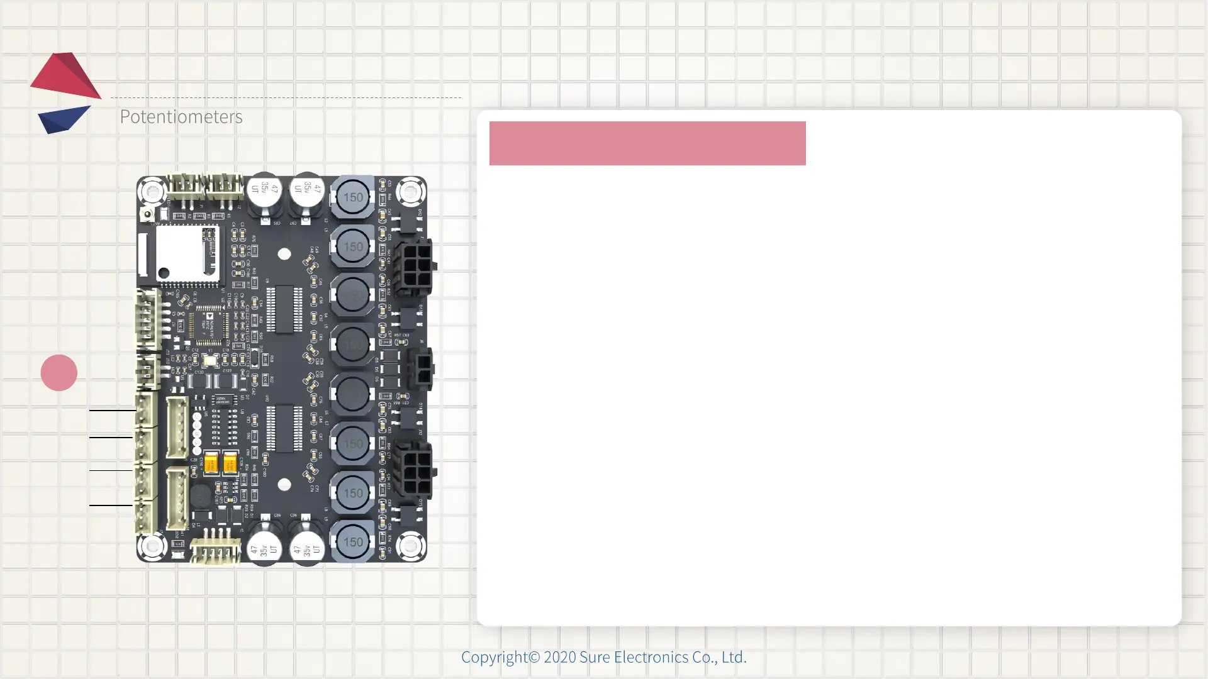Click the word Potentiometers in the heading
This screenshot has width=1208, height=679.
(181, 116)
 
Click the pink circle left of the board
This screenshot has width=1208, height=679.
(59, 373)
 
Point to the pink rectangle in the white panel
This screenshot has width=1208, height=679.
(647, 143)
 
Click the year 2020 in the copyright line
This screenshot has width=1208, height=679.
(559, 657)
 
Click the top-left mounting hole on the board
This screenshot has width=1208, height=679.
(152, 190)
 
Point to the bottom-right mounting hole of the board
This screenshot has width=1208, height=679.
(410, 546)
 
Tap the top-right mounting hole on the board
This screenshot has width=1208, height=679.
(410, 191)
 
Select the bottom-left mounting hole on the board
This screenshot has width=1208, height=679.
(152, 546)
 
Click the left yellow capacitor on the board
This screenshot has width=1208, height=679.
(211, 464)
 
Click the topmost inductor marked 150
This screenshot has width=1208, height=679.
(352, 197)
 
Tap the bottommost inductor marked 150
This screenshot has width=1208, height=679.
(352, 541)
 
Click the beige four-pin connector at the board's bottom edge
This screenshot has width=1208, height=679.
(215, 551)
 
